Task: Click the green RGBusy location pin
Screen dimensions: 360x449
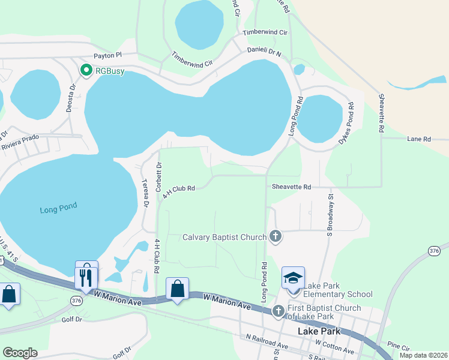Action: point(86,71)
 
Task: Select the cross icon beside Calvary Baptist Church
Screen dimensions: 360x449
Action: point(276,236)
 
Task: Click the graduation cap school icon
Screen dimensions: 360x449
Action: point(293,278)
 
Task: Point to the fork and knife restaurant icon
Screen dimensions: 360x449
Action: point(86,277)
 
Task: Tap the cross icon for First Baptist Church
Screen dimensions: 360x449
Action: point(278,311)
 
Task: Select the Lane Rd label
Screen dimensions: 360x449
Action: point(419,139)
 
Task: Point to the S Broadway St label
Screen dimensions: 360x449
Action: point(330,213)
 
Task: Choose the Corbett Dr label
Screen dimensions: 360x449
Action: point(158,177)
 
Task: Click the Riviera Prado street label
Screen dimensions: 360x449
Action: point(20,142)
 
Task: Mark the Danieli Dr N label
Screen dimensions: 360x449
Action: point(264,53)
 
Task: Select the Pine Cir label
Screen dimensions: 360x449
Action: point(398,346)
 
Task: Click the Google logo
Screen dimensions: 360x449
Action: point(20,353)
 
